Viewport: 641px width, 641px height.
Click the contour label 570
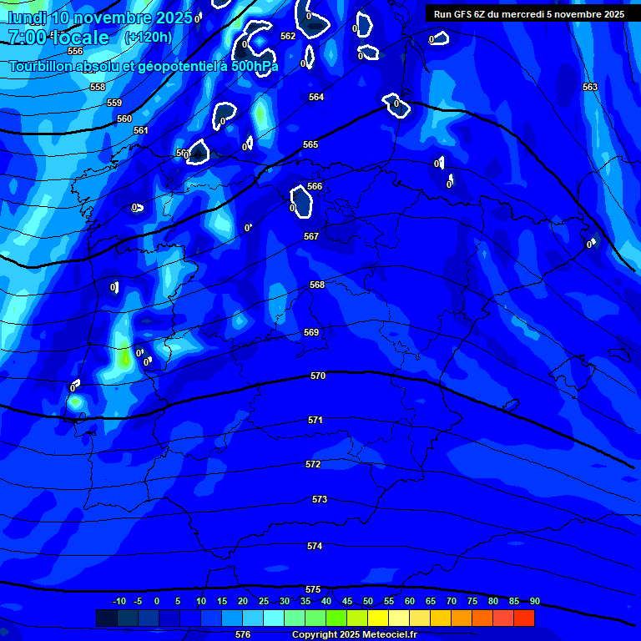pos(317,376)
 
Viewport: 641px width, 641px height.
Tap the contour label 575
pos(313,589)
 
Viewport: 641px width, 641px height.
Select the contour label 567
pos(311,236)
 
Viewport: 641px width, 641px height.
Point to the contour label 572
pos(313,464)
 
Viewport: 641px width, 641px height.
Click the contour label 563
pos(590,87)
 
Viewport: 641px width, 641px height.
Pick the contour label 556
pos(75,51)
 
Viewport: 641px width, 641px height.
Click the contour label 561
pos(141,130)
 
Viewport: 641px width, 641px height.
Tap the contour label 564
pos(315,97)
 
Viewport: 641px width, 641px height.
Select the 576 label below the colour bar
pos(243,634)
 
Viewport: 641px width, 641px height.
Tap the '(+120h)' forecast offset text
pos(148,37)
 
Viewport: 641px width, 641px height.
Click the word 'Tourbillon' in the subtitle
pos(43,65)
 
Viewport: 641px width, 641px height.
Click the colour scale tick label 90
pos(534,601)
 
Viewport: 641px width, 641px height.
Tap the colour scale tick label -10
pos(119,601)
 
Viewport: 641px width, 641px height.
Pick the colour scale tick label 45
pos(347,601)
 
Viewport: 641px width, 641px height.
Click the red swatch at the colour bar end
pos(523,618)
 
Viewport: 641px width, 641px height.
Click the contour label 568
pos(317,285)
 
